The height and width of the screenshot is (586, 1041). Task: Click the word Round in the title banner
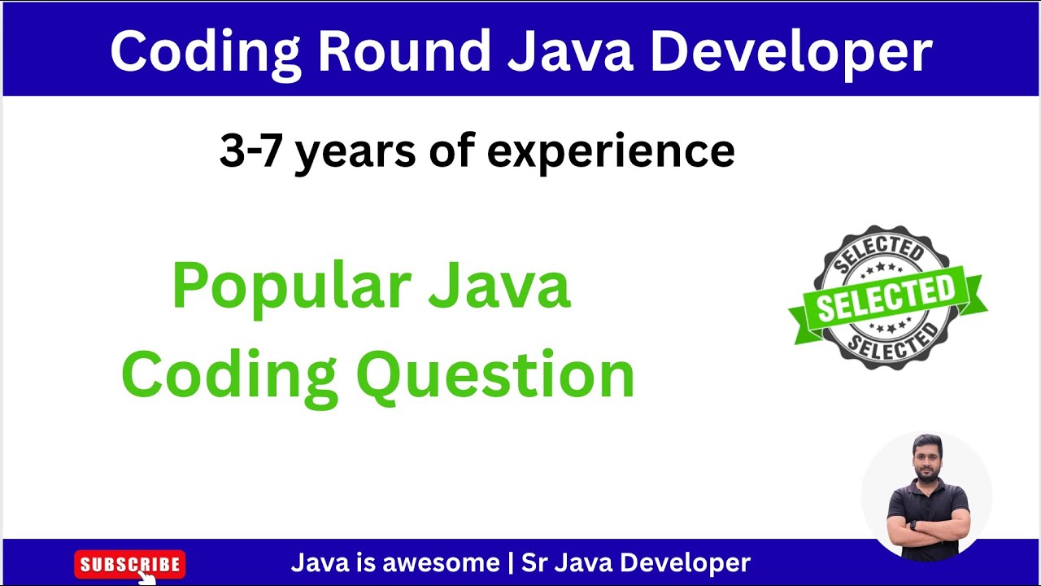403,51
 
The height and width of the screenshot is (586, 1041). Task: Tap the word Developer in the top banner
790,51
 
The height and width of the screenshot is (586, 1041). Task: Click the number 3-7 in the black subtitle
252,151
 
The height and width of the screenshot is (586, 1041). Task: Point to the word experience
610,151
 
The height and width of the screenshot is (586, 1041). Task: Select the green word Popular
290,287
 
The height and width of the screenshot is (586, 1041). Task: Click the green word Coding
229,376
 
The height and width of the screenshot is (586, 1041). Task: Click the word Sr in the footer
533,562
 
